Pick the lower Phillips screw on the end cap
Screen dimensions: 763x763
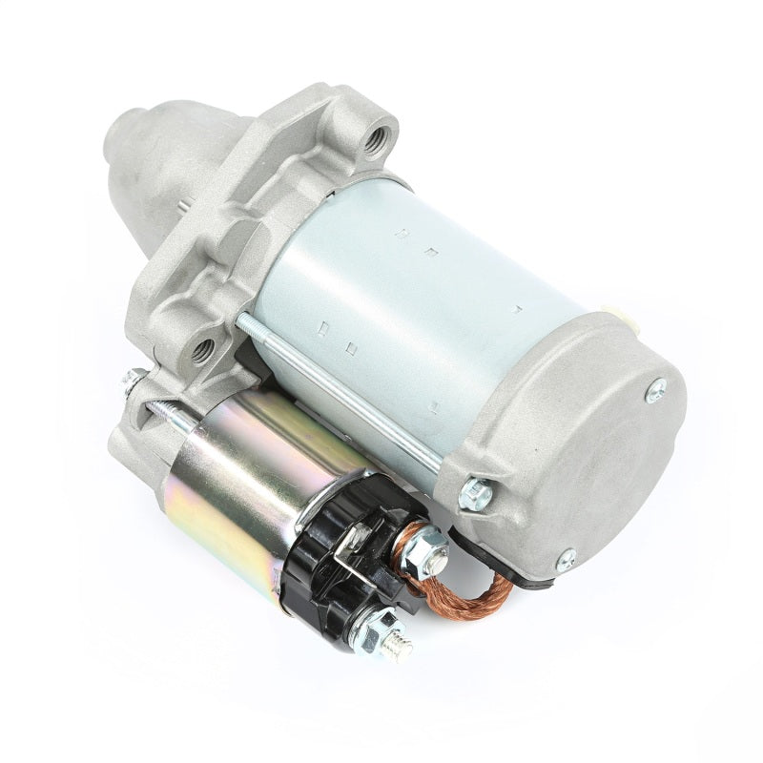pos(566,560)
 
